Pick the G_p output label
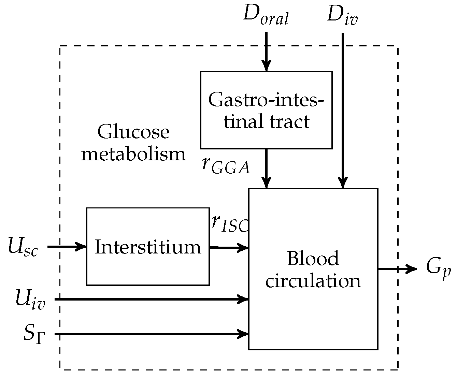pyautogui.click(x=436, y=269)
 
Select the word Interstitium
pyautogui.click(x=148, y=247)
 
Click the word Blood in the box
pyautogui.click(x=313, y=259)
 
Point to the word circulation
pyautogui.click(x=313, y=281)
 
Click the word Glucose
pyautogui.click(x=133, y=132)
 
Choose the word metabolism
pyautogui.click(x=133, y=154)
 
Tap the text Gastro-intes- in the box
pyautogui.click(x=266, y=100)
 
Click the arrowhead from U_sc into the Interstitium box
pyautogui.click(x=82, y=246)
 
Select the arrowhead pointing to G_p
pyautogui.click(x=412, y=269)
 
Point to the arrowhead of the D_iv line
pyautogui.click(x=342, y=183)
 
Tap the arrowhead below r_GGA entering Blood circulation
pyautogui.click(x=266, y=183)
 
